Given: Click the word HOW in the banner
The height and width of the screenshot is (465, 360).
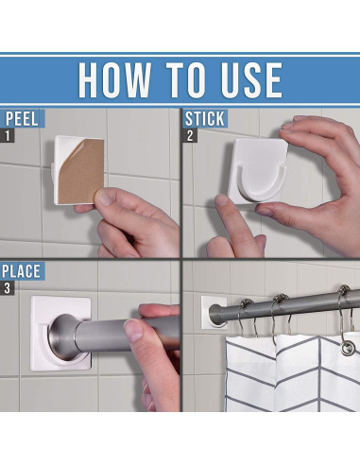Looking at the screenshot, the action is [114, 80].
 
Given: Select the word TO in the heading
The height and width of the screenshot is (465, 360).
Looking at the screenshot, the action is [185, 80].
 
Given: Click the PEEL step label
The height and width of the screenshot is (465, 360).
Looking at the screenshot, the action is [22, 118].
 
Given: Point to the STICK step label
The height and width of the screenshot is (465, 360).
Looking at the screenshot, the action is [205, 119].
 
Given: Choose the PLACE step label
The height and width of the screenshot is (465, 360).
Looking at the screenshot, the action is [22, 271].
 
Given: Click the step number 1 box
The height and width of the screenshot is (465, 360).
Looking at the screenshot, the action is [8, 136].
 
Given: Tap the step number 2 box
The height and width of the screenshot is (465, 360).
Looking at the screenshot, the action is [190, 136].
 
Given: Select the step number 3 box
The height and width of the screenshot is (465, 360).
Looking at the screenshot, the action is [7, 288].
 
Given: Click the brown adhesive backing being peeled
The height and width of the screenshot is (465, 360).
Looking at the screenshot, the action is [82, 172].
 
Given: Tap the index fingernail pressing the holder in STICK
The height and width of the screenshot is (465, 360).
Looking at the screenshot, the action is [222, 200].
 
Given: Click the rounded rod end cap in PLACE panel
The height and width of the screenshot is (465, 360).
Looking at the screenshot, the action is [63, 337].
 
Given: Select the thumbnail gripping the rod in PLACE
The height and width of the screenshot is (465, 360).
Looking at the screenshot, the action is [133, 330].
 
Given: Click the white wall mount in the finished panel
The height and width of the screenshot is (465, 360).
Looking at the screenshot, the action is [213, 313].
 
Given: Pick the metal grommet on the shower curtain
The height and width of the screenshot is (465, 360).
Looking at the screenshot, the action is [348, 349].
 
